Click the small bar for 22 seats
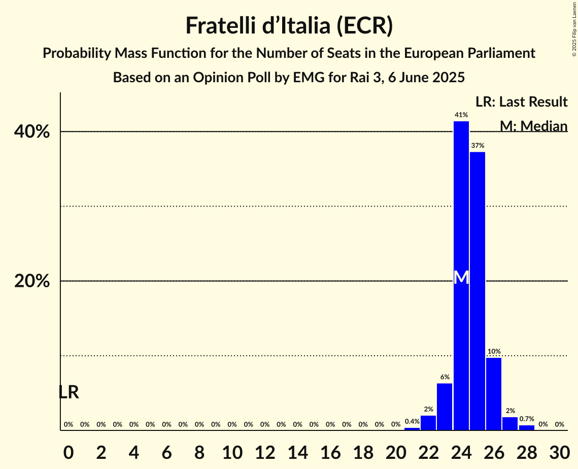coord(428,423)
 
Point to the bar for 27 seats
coord(510,424)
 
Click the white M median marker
coord(461,278)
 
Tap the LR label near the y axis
coord(69,392)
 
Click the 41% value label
coord(461,115)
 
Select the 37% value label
coord(477,146)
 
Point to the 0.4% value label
coord(412,421)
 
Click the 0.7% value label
coord(527,419)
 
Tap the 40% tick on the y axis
coord(32,132)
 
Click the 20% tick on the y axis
coord(32,281)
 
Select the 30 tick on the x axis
coord(559,452)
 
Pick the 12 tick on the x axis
coord(264,452)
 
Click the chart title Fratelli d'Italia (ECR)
coord(289,25)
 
